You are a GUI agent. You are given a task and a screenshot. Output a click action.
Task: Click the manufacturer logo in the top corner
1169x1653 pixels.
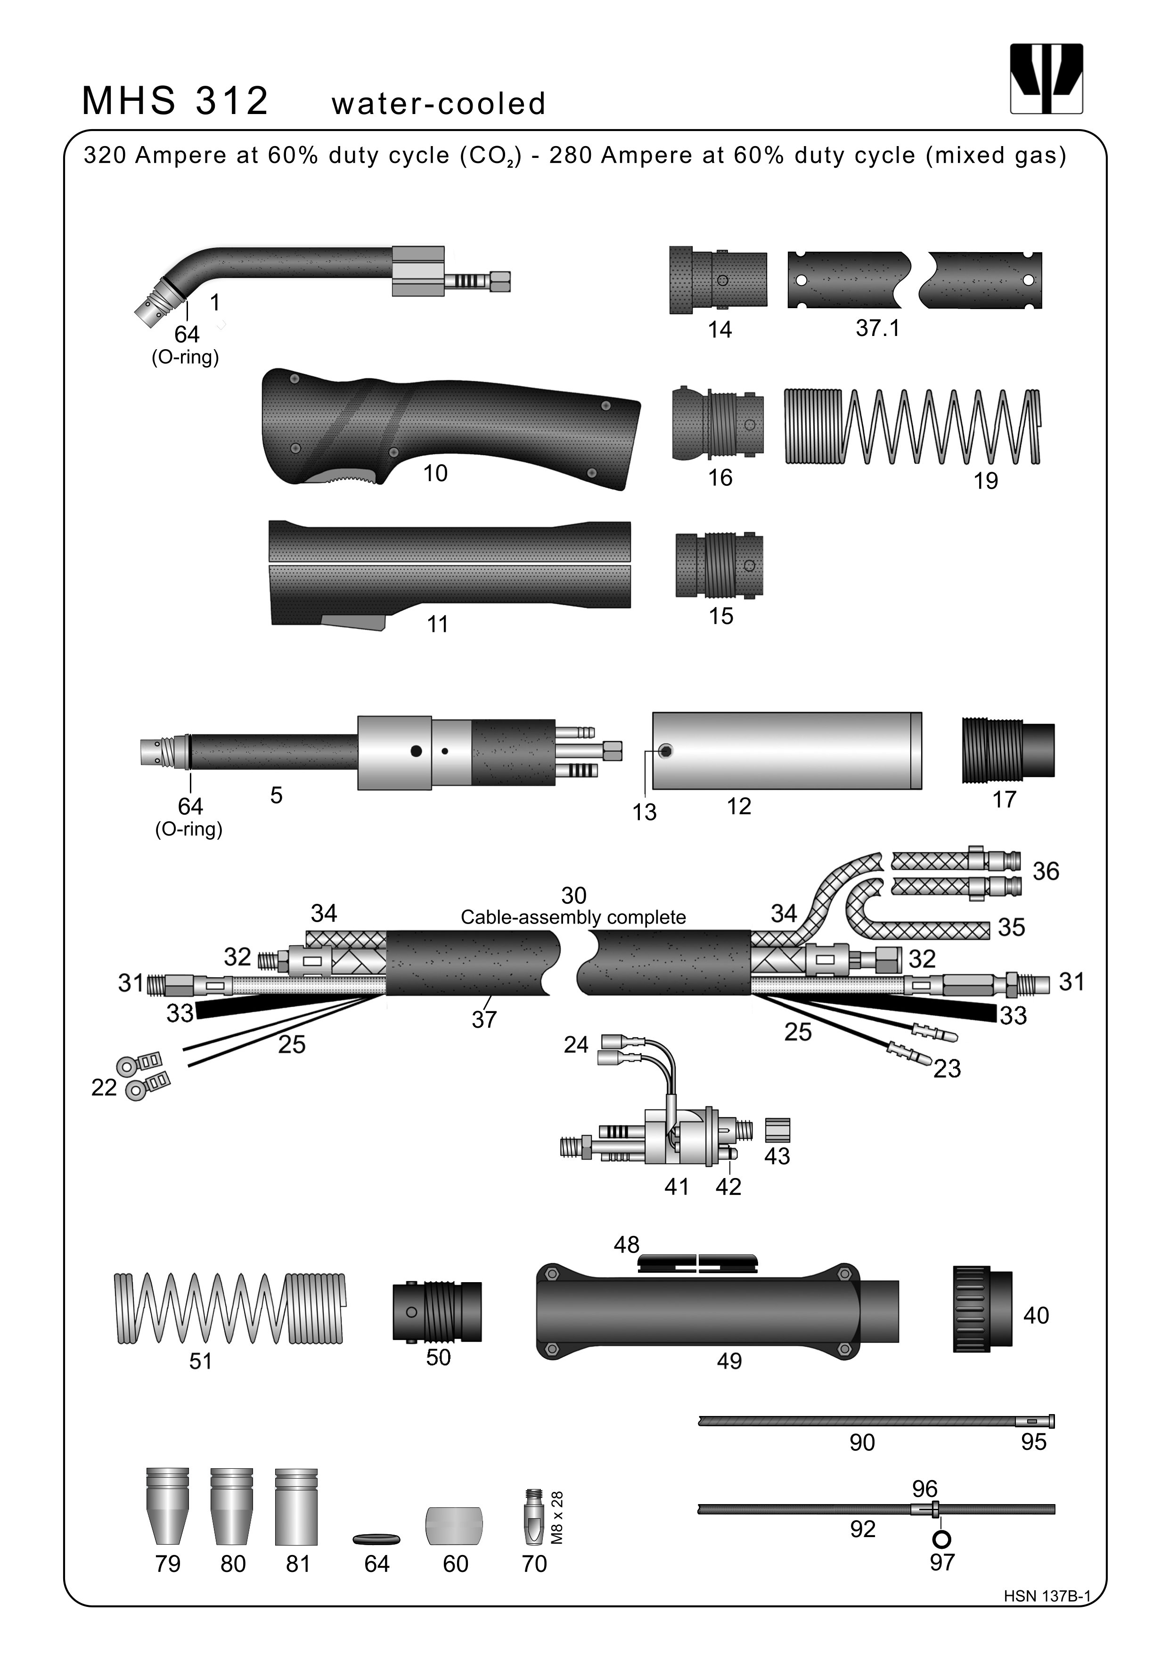[1046, 79]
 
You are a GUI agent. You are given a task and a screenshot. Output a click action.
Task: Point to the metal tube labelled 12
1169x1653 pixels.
[787, 751]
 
